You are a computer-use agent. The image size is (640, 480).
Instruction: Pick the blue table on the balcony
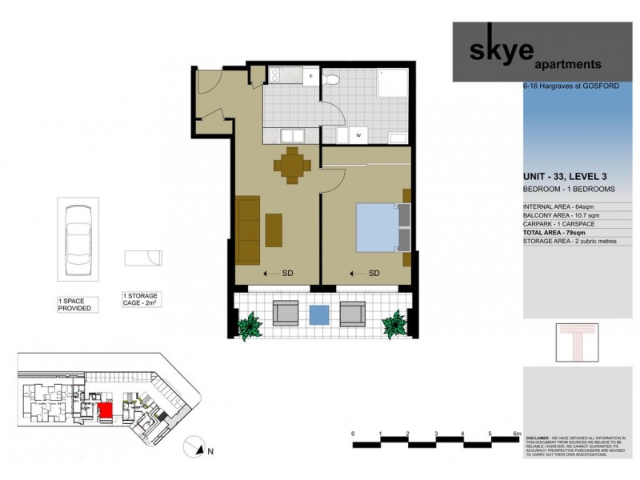tap(318, 314)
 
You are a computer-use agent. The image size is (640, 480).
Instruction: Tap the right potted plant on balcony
tap(394, 324)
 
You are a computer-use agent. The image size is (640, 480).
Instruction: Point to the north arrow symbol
tap(197, 446)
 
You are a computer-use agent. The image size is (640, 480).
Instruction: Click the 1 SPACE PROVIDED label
tap(75, 304)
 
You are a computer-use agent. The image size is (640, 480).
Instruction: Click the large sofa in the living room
tap(248, 230)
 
